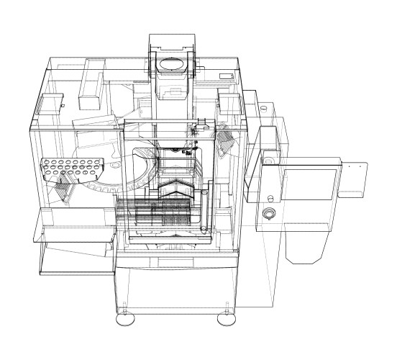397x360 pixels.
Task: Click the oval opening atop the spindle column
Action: [173, 66]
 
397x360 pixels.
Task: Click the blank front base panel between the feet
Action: [173, 288]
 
